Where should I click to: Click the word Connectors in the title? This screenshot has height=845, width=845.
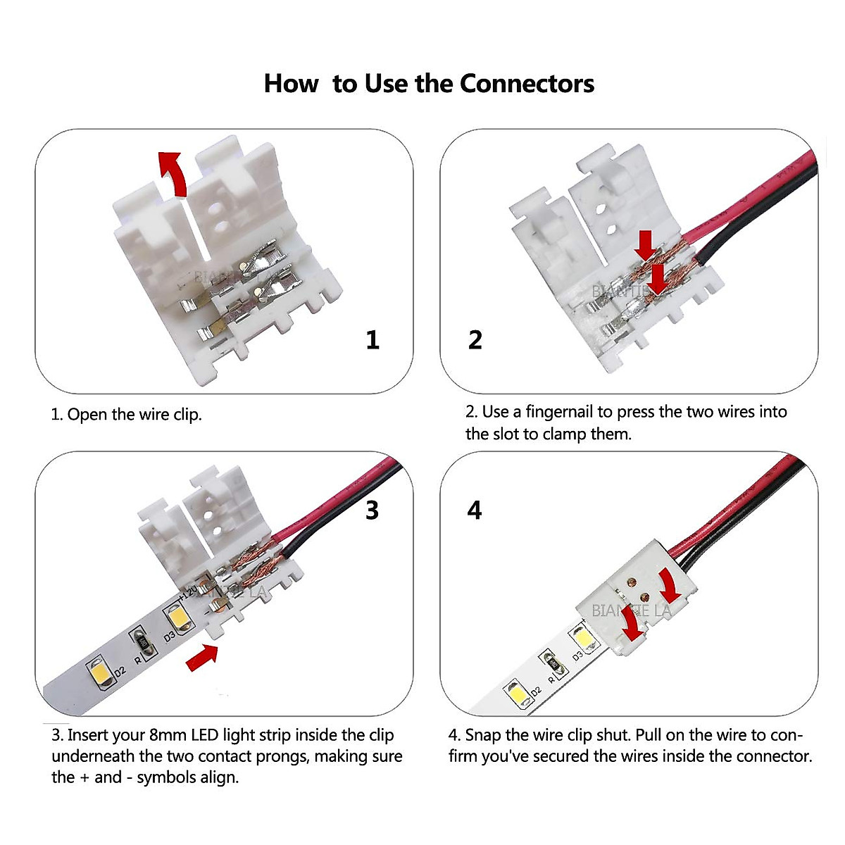(x=527, y=83)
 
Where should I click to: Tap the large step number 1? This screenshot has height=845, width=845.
(x=373, y=340)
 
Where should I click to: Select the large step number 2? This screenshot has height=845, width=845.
(x=475, y=340)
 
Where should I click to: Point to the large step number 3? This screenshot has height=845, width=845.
(x=372, y=510)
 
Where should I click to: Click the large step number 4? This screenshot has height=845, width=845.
(x=475, y=510)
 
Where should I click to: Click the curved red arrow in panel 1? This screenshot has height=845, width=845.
(x=173, y=173)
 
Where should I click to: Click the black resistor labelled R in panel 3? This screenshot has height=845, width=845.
(x=141, y=641)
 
